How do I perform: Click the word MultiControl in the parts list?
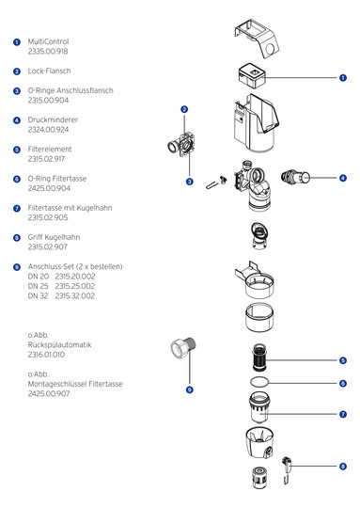coord(48,41)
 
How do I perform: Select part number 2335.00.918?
coord(48,51)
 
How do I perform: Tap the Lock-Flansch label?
coord(49,71)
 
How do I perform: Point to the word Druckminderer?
coord(53,119)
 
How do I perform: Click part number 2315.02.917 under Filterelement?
coord(46,159)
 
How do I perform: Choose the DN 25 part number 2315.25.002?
coord(75,286)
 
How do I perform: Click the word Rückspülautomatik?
coord(59,344)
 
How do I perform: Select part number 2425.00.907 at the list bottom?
coord(49,393)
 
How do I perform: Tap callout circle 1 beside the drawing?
coord(343,78)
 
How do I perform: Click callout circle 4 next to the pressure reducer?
coord(343,178)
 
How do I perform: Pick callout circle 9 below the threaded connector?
coord(190,389)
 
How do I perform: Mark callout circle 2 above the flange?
coord(184,109)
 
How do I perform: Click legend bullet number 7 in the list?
coord(17,208)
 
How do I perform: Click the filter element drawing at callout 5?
coord(259,357)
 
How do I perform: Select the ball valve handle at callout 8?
coord(287,469)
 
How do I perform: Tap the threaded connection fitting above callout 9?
coord(183,349)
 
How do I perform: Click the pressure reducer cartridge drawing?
coord(295,177)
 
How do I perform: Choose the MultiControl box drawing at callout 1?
coord(252,76)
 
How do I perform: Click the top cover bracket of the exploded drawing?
coord(257,39)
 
